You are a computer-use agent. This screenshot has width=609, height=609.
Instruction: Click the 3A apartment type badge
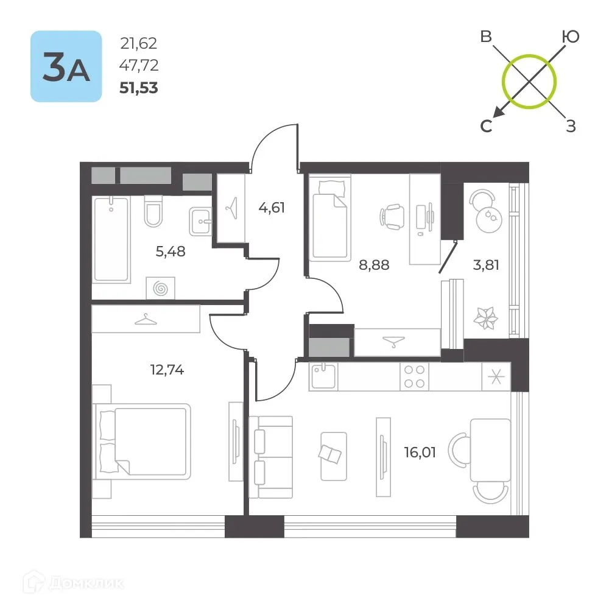click(x=66, y=66)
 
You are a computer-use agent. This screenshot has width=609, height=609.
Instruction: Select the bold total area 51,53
click(x=139, y=88)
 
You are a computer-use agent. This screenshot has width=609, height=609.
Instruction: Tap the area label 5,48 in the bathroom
click(x=171, y=252)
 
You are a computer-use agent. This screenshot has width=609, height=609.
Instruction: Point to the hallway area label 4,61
click(x=272, y=208)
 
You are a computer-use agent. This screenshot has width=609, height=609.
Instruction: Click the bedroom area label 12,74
click(x=167, y=370)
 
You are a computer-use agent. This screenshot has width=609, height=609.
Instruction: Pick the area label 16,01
click(x=420, y=452)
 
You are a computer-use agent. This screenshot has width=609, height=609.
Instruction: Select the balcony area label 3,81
click(x=486, y=265)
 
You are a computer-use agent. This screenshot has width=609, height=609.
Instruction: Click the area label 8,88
click(x=374, y=265)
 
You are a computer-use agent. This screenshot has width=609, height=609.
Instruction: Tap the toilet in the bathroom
click(x=153, y=211)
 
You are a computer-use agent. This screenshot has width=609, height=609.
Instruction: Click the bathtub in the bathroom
click(x=111, y=239)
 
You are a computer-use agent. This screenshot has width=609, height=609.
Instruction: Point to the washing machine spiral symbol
click(x=160, y=288)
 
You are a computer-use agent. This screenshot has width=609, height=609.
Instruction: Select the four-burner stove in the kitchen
click(x=414, y=377)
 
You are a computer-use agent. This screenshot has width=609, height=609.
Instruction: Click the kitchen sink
click(x=323, y=376)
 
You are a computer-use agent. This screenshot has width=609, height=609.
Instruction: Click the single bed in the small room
click(x=329, y=217)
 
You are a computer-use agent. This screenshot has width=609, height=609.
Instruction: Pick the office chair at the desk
click(x=392, y=217)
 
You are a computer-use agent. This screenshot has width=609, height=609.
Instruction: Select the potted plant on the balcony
click(x=485, y=318)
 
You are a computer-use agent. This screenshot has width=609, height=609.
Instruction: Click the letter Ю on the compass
click(x=571, y=37)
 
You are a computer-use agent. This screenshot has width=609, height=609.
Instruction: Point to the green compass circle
click(x=529, y=55)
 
